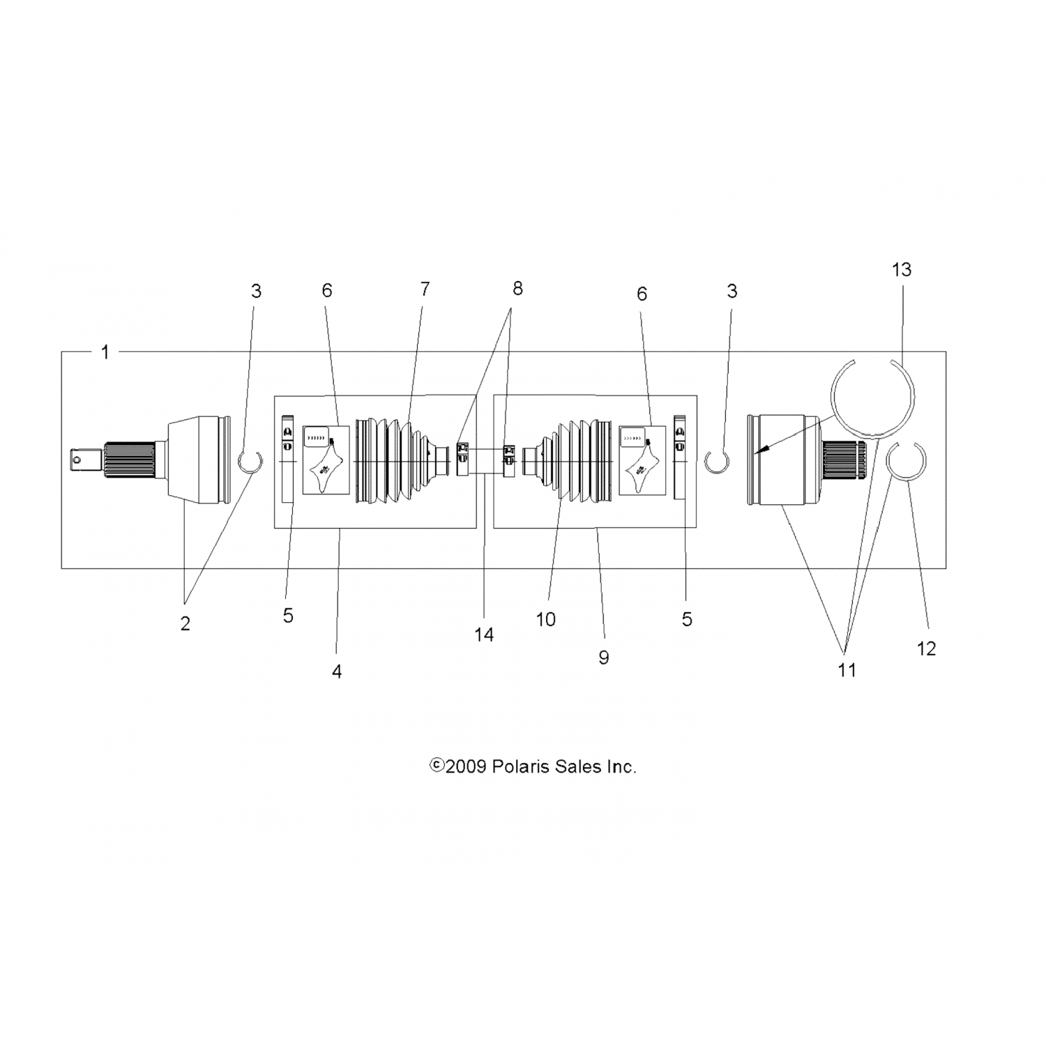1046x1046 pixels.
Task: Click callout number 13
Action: point(902,270)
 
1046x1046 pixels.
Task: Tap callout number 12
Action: point(926,649)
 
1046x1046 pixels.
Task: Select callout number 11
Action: point(847,670)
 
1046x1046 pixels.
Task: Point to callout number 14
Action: point(484,634)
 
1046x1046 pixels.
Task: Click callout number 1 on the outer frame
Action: point(105,352)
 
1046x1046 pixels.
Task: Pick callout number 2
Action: point(185,623)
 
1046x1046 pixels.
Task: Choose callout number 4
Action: point(337,672)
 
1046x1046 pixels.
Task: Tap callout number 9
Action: point(604,657)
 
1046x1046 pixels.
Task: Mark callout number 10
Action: point(546,619)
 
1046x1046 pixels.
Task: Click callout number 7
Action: point(425,289)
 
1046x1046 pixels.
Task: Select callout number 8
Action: point(517,289)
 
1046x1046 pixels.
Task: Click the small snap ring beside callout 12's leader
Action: point(906,462)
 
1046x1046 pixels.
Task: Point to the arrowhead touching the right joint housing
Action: point(759,453)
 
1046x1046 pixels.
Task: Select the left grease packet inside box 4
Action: point(326,460)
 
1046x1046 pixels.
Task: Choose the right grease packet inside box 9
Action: point(642,460)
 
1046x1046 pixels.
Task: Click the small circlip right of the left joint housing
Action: point(250,462)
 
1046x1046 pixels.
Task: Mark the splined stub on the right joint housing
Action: point(844,460)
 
